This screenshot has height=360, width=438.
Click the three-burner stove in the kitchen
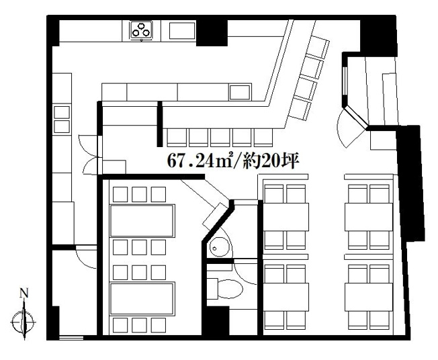141,30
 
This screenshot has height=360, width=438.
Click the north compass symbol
24,320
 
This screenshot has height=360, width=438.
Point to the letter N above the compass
24,293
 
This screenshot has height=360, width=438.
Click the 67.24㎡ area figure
200,161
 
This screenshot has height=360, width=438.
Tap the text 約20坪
271,161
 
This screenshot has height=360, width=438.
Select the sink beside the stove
182,31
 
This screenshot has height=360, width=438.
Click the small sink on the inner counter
239,93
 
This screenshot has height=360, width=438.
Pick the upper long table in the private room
142,221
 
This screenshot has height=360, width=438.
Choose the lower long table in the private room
142,299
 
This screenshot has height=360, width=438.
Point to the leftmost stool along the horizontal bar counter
177,138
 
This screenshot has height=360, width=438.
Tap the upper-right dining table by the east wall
369,217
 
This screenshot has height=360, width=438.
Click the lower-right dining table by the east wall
369,297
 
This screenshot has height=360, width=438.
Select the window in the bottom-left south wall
71,338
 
